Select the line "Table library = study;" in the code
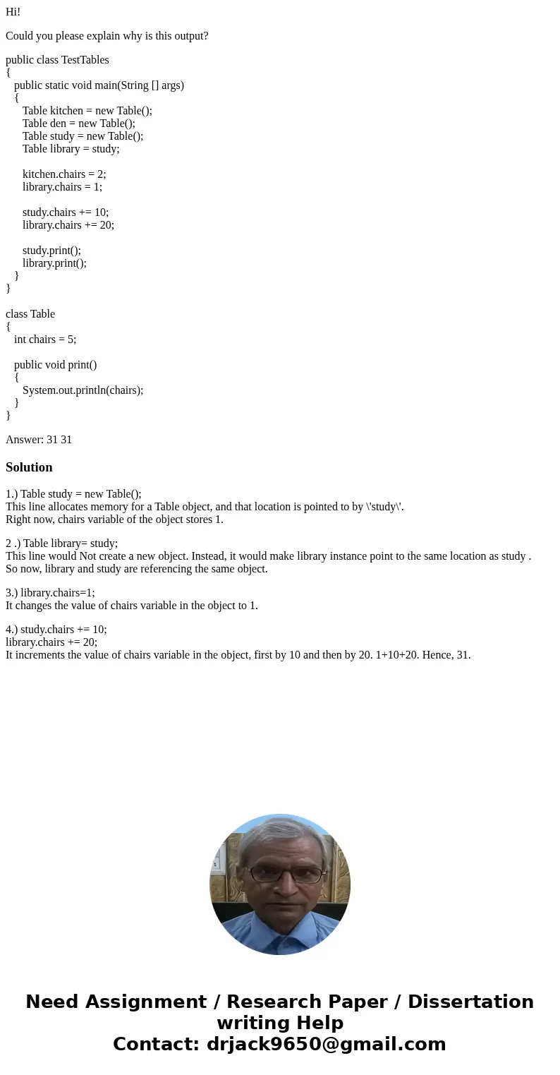point(71,149)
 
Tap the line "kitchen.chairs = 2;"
point(64,174)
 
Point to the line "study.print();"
point(51,251)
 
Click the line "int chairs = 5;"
point(45,340)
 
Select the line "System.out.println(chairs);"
point(83,390)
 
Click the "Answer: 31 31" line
point(39,440)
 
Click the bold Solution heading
point(29,467)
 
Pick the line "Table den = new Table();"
point(78,124)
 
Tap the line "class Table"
point(30,314)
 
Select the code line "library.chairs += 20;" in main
point(68,225)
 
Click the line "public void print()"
point(55,365)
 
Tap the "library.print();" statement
point(54,263)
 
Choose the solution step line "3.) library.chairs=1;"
point(50,593)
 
